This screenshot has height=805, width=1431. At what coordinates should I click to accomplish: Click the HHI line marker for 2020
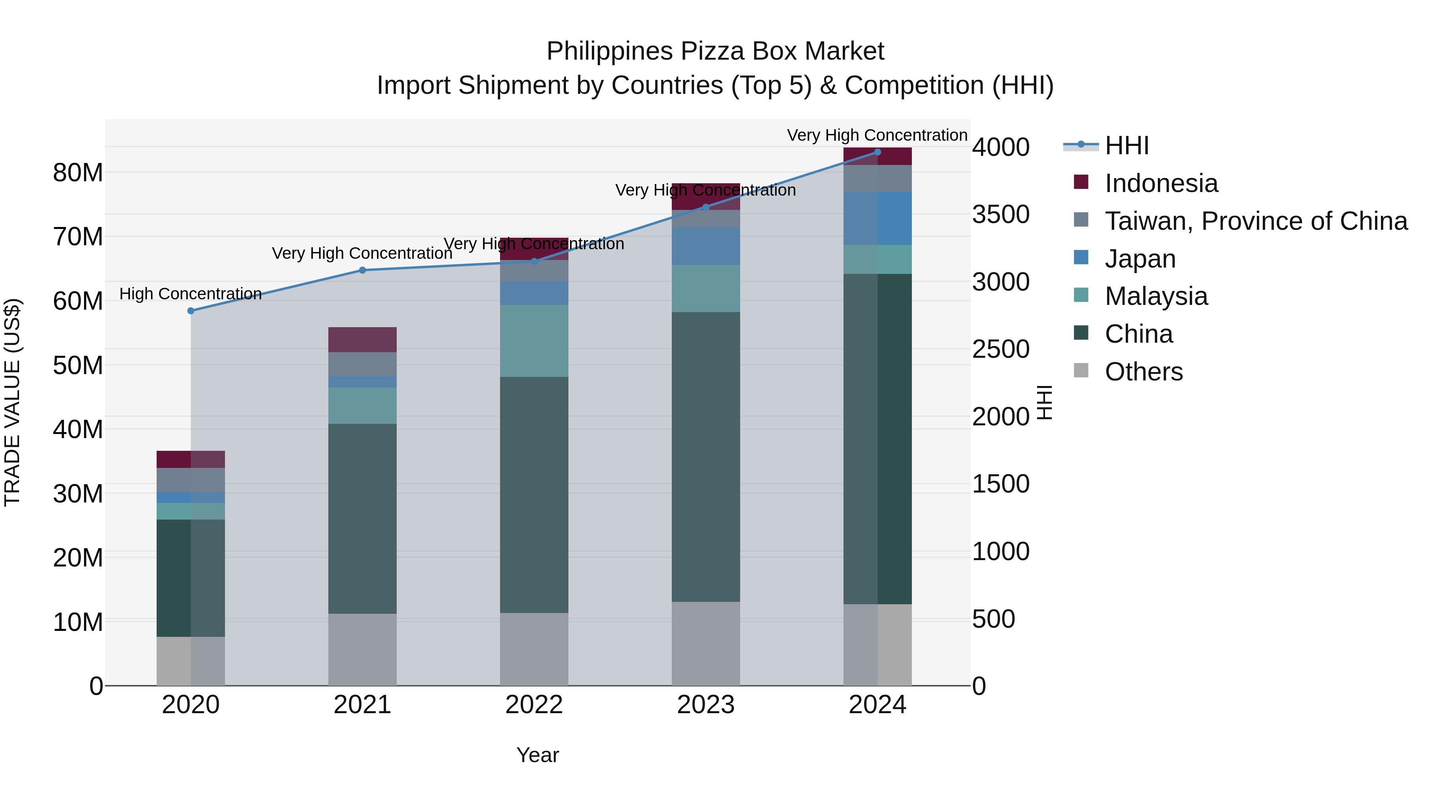pyautogui.click(x=190, y=310)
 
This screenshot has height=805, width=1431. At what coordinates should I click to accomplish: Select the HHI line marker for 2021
pyautogui.click(x=362, y=270)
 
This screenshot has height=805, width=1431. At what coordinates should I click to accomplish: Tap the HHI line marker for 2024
pyautogui.click(x=877, y=152)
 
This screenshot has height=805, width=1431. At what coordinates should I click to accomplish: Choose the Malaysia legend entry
pyautogui.click(x=1156, y=296)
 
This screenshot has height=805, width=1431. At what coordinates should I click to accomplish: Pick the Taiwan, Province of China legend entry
pyautogui.click(x=1255, y=221)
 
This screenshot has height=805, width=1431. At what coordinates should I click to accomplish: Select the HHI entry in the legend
pyautogui.click(x=1126, y=145)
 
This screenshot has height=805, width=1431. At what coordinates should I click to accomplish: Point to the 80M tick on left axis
pyautogui.click(x=78, y=173)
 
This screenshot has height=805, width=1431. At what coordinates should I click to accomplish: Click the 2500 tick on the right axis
pyautogui.click(x=1001, y=349)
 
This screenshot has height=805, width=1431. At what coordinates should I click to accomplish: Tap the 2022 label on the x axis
pyautogui.click(x=534, y=705)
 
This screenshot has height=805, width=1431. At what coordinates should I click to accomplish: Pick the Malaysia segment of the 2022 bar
pyautogui.click(x=534, y=341)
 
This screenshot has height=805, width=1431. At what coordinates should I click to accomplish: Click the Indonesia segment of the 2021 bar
pyautogui.click(x=362, y=339)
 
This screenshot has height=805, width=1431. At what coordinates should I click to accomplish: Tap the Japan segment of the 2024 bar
pyautogui.click(x=877, y=218)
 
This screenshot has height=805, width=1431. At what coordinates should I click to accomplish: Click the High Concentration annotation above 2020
pyautogui.click(x=190, y=293)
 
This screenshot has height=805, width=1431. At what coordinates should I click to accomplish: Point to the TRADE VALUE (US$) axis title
pyautogui.click(x=12, y=402)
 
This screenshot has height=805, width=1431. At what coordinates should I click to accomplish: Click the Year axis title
pyautogui.click(x=537, y=755)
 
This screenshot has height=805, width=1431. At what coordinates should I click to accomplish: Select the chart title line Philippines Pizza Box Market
pyautogui.click(x=715, y=51)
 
